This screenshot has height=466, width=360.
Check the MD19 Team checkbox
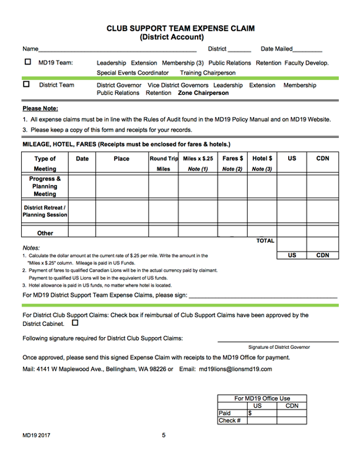[27, 62]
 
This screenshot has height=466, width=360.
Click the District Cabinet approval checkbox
[76, 323]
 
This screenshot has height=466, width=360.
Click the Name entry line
[117, 50]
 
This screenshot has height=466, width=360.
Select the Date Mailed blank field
[307, 50]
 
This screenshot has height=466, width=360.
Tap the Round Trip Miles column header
[164, 163]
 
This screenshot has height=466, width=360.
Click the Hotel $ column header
[262, 163]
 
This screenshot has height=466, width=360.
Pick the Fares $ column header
[232, 163]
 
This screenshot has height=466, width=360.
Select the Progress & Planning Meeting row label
[45, 186]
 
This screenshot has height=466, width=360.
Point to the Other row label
[45, 233]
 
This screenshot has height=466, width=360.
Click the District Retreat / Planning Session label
[45, 211]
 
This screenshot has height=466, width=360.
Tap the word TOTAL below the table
[265, 240]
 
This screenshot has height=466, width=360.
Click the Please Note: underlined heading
[41, 108]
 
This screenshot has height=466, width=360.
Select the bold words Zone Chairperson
[203, 94]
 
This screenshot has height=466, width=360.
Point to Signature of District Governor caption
[279, 347]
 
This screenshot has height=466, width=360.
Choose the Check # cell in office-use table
[229, 421]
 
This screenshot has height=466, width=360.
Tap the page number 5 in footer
[164, 436]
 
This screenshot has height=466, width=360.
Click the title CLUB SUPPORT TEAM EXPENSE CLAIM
[180, 29]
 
